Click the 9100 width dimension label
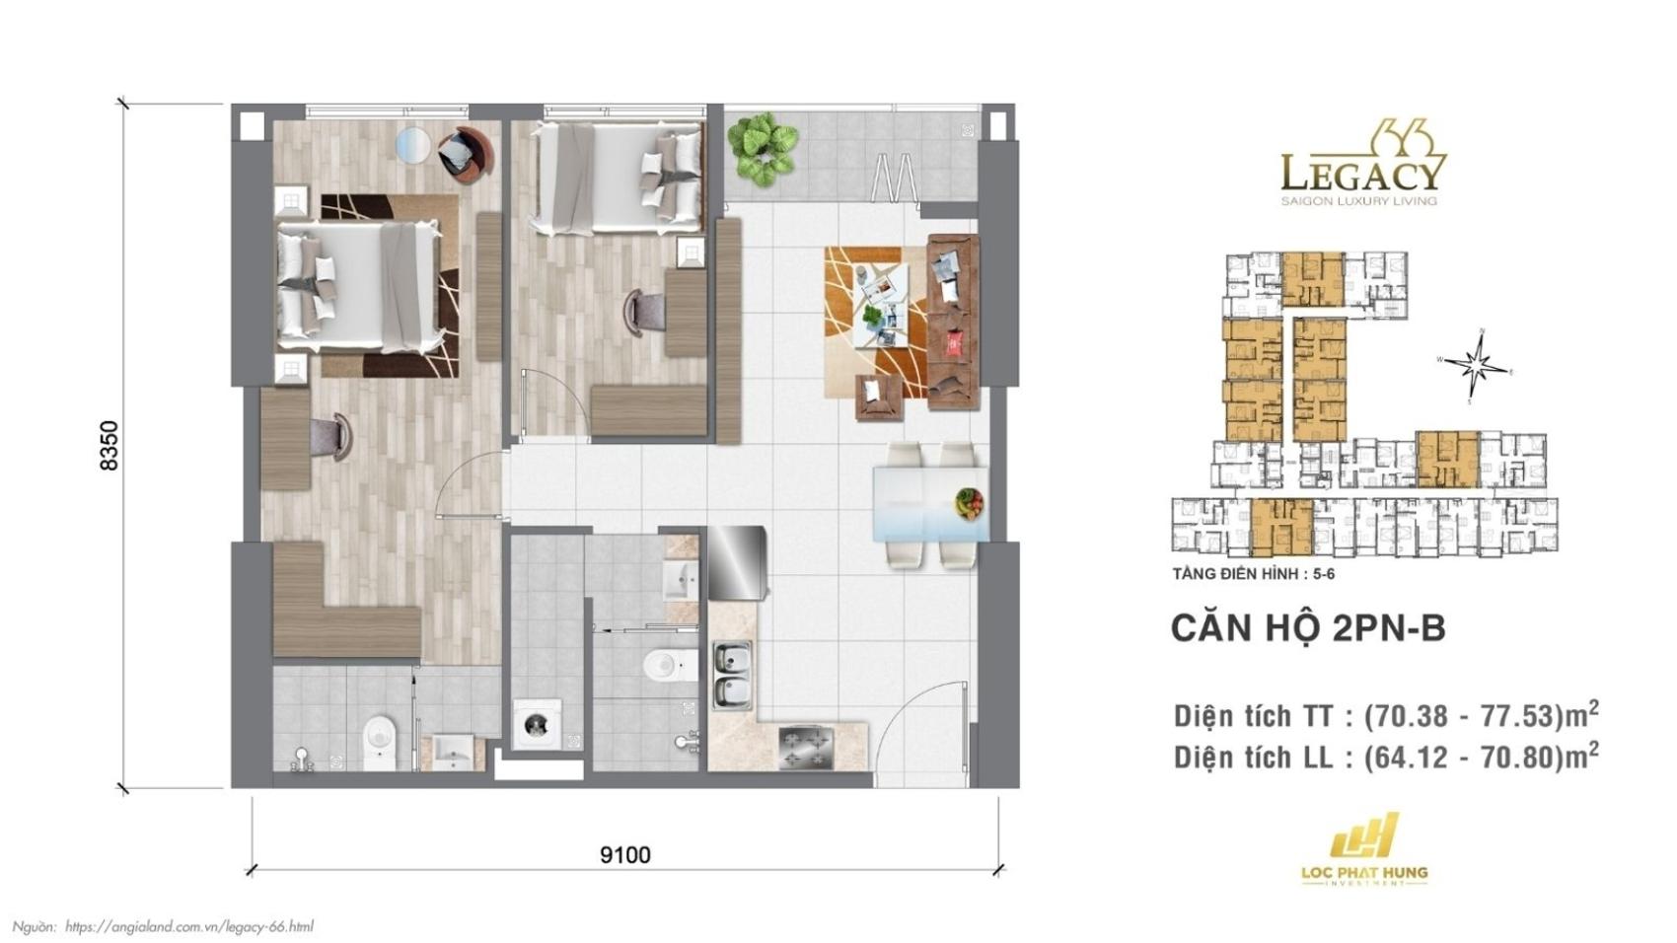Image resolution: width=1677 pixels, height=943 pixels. (624, 854)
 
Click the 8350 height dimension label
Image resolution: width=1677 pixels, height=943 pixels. (109, 445)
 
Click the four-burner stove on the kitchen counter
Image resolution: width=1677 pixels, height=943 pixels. (807, 748)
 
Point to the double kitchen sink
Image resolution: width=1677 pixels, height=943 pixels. (732, 676)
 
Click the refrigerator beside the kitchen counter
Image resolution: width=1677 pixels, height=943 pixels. (737, 562)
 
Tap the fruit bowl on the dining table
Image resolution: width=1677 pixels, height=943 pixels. (968, 502)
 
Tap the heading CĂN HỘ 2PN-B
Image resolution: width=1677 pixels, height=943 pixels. (1307, 628)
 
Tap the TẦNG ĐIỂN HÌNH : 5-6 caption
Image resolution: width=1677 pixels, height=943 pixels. (1253, 573)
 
